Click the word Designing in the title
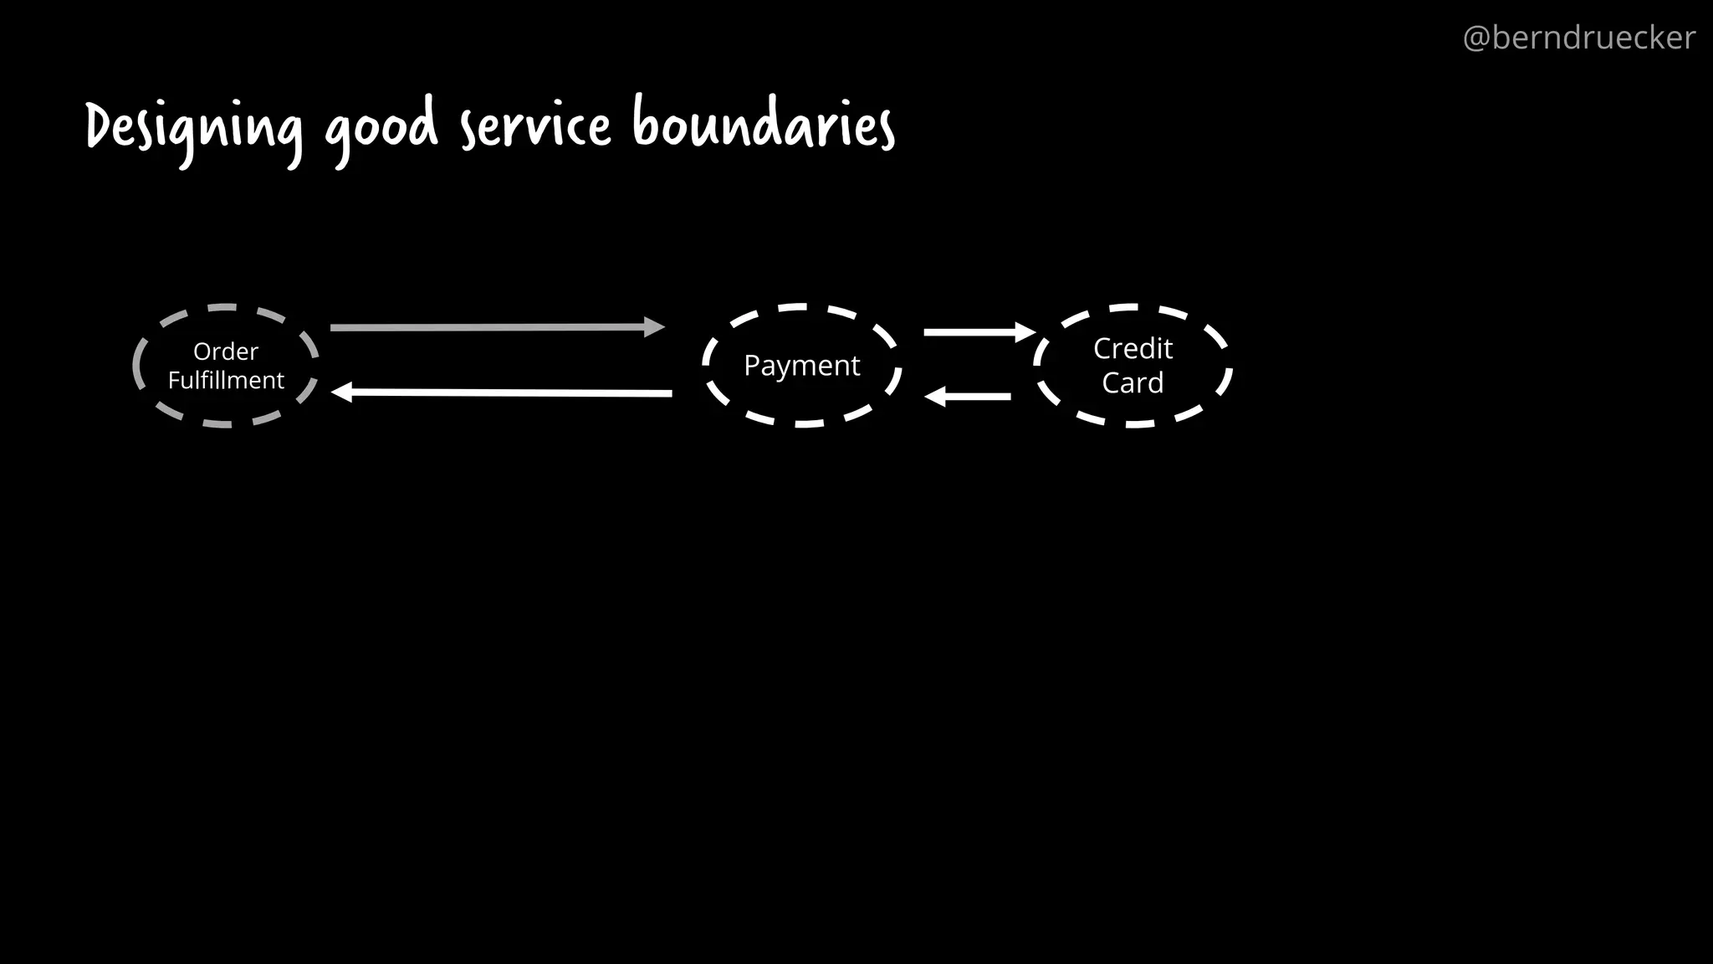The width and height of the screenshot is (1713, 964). tap(194, 127)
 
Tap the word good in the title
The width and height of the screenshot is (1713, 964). tap(381, 127)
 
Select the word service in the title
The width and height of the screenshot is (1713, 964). tap(536, 126)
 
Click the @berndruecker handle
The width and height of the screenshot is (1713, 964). tap(1578, 38)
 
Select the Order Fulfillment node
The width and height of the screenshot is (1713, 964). tap(226, 366)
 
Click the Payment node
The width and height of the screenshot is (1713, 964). tap(801, 366)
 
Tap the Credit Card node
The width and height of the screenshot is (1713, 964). tap(1133, 366)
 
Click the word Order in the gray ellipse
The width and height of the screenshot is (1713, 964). tap(226, 351)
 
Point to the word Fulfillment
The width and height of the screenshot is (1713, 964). tap(226, 381)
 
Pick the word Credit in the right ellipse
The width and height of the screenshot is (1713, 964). tap(1133, 348)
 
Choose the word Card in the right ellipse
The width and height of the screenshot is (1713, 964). tap(1133, 382)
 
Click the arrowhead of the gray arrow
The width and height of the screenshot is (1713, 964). tap(653, 327)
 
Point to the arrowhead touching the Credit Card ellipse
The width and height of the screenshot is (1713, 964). tap(1025, 332)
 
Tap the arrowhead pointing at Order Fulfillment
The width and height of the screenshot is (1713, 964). tap(342, 392)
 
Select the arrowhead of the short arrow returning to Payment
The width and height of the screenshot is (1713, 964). tap(935, 397)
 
